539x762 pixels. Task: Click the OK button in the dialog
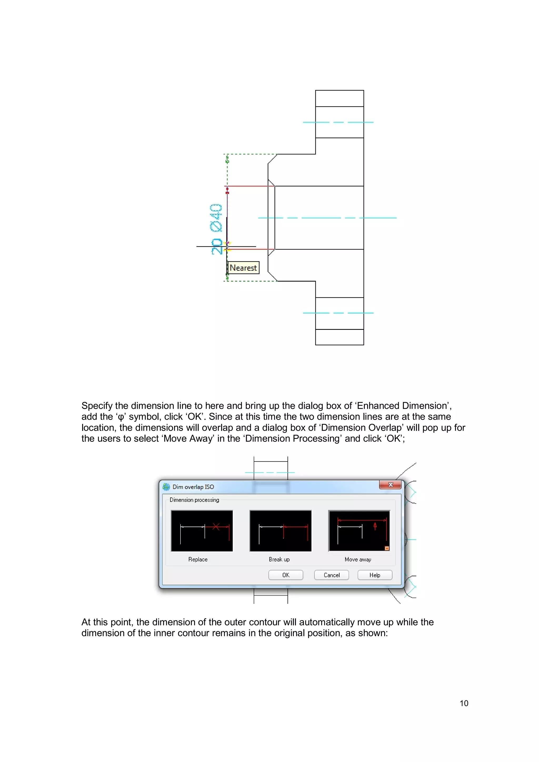pos(286,575)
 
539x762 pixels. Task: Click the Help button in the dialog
pos(375,575)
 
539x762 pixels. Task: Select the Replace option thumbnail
pos(202,531)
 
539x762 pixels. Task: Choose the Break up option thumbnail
pos(281,531)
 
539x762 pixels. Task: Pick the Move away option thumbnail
pos(359,531)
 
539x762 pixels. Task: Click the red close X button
pos(390,485)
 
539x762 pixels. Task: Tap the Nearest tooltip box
pos(243,268)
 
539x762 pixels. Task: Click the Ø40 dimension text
pos(216,218)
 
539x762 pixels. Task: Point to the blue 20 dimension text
pos(217,246)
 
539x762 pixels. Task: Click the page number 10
pos(464,703)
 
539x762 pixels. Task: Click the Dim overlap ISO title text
pos(193,487)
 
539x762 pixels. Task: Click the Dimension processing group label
pos(194,500)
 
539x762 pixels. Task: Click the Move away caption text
pos(358,559)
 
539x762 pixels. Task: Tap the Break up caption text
pos(279,559)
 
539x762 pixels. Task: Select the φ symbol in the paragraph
pos(121,417)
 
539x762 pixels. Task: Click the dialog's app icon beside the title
pos(166,487)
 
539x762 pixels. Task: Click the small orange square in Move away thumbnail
pos(387,548)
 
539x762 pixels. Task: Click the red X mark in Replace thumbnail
pos(216,526)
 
